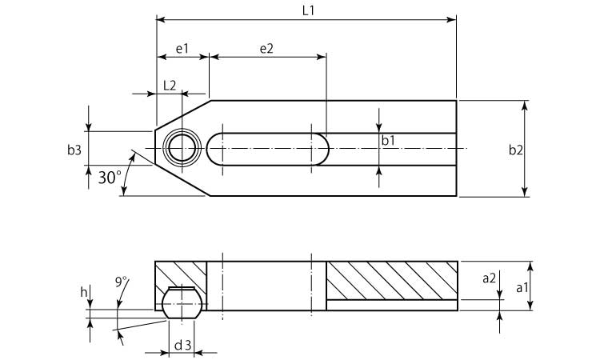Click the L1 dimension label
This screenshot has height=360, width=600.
(x=308, y=10)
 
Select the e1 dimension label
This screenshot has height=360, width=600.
(x=182, y=49)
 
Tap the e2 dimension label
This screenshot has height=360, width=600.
(x=266, y=49)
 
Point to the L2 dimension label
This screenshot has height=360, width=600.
(x=170, y=86)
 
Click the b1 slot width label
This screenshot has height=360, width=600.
(x=388, y=141)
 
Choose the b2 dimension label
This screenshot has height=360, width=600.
(x=515, y=150)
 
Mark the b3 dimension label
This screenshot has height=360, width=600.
(x=74, y=150)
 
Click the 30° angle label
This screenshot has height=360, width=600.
(x=110, y=178)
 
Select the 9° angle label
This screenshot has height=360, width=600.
(x=121, y=282)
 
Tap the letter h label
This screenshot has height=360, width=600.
(x=84, y=293)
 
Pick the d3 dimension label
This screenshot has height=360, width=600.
(x=182, y=346)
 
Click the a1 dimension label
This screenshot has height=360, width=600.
(x=522, y=287)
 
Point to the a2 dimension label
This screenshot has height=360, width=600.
(x=489, y=278)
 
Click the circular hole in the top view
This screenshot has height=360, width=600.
(x=182, y=148)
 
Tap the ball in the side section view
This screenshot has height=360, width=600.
(x=182, y=303)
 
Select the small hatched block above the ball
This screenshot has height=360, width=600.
(x=181, y=274)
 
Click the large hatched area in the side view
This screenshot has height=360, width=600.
(x=392, y=281)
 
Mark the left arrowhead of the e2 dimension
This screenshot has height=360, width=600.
(x=214, y=57)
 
